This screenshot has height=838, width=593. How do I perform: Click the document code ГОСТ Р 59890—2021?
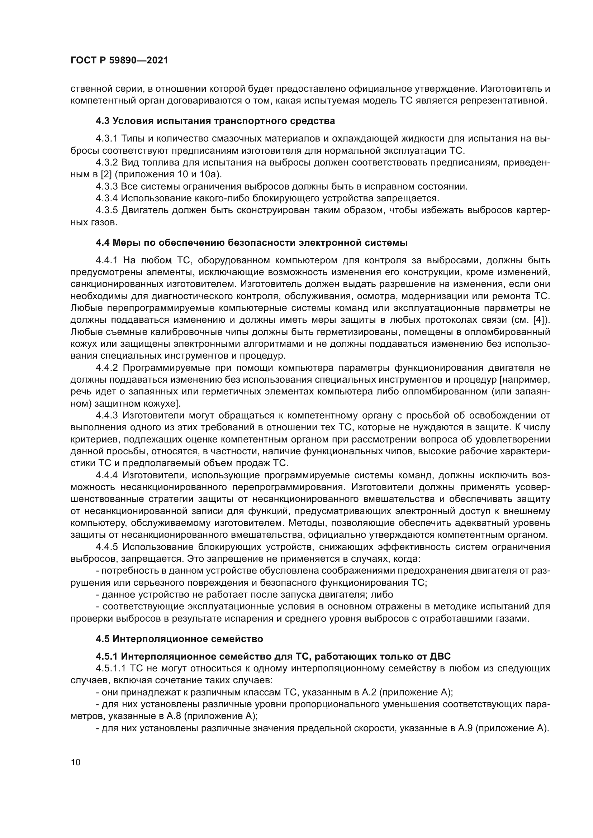[x=119, y=61]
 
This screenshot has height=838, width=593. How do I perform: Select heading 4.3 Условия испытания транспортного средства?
[x=215, y=121]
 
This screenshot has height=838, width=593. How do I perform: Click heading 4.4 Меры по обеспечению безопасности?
[x=252, y=242]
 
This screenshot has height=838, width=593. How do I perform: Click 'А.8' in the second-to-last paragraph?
[x=173, y=716]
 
